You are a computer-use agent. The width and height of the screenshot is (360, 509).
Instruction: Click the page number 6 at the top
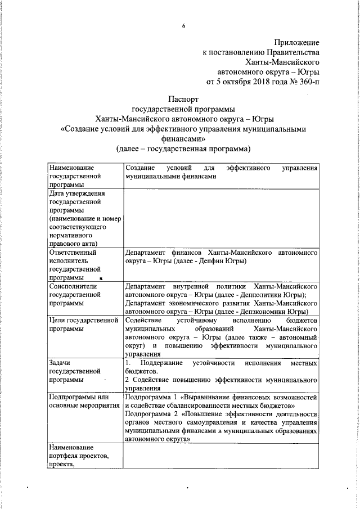pyautogui.click(x=183, y=26)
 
